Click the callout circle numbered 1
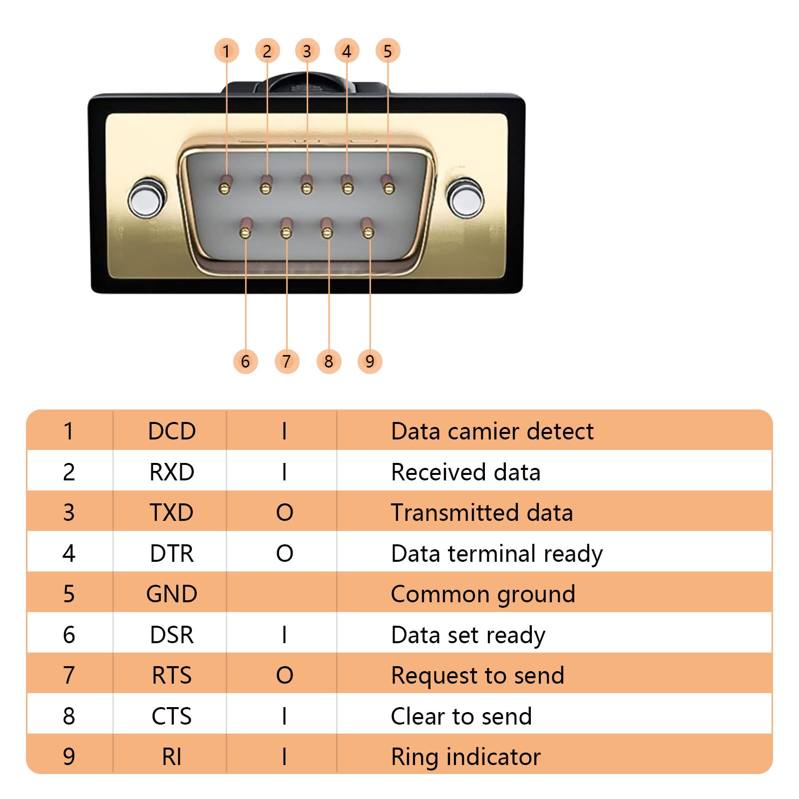coord(226,51)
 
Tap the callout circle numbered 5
coord(388,51)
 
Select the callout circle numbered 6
coord(245,361)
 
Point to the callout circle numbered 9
coord(370,361)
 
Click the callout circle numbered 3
coord(307,51)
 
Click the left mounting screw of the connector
coord(146,198)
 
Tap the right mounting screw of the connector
coord(465,198)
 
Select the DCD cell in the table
coord(172,431)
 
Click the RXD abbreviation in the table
coord(172,472)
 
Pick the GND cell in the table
coord(172,594)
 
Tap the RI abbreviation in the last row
coord(172,757)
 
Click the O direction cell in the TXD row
coord(285,512)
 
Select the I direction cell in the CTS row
coord(284,716)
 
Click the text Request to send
coord(477,676)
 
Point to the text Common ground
coord(483,594)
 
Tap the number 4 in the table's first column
coord(69,553)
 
